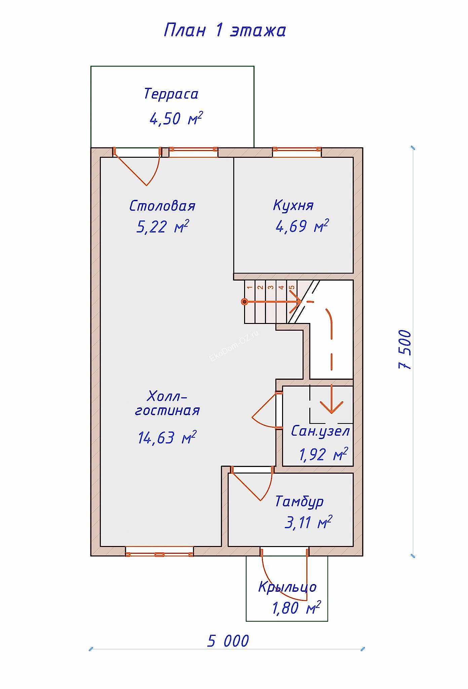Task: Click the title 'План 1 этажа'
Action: (x=225, y=30)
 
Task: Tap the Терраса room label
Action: (x=171, y=94)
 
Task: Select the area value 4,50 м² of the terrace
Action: (x=176, y=118)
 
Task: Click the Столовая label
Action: (x=162, y=206)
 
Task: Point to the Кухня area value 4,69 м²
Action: (x=302, y=226)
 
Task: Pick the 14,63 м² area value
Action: (x=167, y=438)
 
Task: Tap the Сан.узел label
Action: (x=320, y=431)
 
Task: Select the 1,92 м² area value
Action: (x=323, y=455)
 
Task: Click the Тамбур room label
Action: (x=299, y=501)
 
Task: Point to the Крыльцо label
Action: (x=287, y=587)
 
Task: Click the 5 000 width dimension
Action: (x=228, y=641)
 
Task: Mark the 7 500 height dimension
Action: (x=405, y=350)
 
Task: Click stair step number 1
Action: (x=249, y=287)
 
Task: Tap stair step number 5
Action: (x=292, y=287)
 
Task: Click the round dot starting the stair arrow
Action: (x=245, y=302)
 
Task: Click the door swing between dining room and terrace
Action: (x=141, y=170)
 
